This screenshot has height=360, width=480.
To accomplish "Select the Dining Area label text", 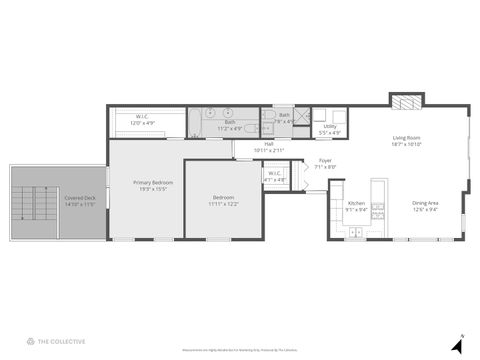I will pyautogui.click(x=425, y=203).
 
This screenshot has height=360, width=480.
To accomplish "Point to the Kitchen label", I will pyautogui.click(x=356, y=203).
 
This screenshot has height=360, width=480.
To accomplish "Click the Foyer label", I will pyautogui.click(x=325, y=160).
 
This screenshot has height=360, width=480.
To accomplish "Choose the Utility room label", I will pyautogui.click(x=329, y=126).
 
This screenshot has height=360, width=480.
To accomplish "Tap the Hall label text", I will pyautogui.click(x=269, y=144).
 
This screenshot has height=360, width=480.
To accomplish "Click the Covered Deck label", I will pyautogui.click(x=81, y=198).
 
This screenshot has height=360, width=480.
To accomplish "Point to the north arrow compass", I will pyautogui.click(x=458, y=344).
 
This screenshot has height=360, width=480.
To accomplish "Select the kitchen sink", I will pyautogui.click(x=355, y=232).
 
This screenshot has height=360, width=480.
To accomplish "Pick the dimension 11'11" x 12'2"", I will pyautogui.click(x=223, y=204).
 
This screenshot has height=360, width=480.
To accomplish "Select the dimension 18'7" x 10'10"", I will pyautogui.click(x=407, y=144).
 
